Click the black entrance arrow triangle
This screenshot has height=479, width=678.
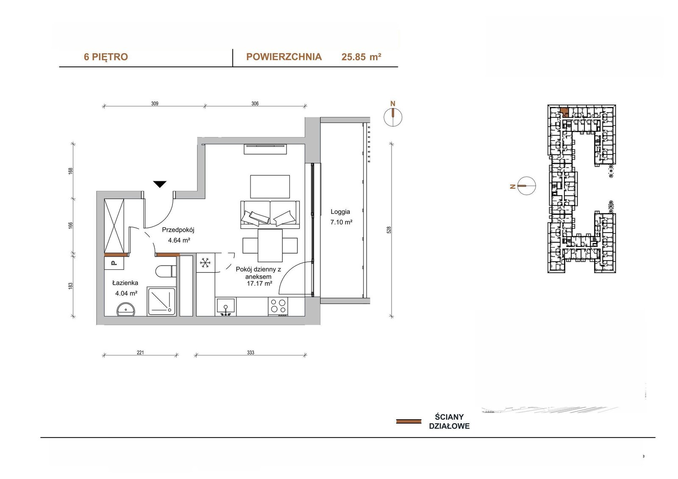coord(159,184)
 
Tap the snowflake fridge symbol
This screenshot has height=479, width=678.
coord(205,263)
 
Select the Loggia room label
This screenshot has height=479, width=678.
coord(340,212)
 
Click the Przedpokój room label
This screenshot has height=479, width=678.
coord(178,230)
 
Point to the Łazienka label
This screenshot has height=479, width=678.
coord(125,283)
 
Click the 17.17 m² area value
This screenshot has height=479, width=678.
coord(259,283)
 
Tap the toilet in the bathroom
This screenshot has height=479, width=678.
coord(166,271)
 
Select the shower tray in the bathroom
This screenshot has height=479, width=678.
coord(161,302)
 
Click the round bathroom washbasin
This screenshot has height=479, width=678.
coord(126,310)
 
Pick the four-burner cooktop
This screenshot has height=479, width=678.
coord(278,306)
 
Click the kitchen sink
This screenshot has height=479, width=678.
coord(226,307)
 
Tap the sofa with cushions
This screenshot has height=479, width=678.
coord(270,215)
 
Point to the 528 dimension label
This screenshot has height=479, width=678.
coord(389,230)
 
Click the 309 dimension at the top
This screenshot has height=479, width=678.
coord(155,103)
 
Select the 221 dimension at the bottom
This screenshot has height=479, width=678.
coord(140,352)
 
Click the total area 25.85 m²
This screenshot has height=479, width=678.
coord(361,57)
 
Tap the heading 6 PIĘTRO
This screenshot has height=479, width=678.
coord(106,57)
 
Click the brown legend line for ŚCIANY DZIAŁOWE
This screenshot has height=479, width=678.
coord(408,421)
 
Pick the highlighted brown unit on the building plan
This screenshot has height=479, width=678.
coord(564,112)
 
